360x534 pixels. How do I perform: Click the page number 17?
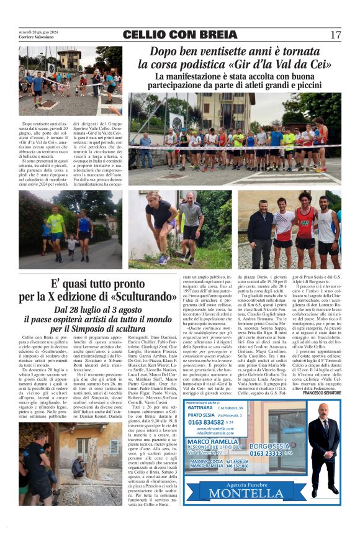click(335, 35)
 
